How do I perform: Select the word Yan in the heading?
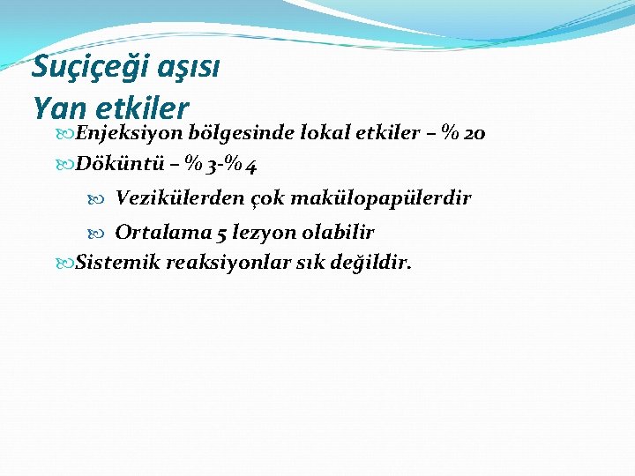tap(60, 108)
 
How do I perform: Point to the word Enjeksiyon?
tap(129, 133)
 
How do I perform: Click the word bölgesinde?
tap(243, 133)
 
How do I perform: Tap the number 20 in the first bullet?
tap(474, 134)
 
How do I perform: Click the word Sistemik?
tap(115, 262)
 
